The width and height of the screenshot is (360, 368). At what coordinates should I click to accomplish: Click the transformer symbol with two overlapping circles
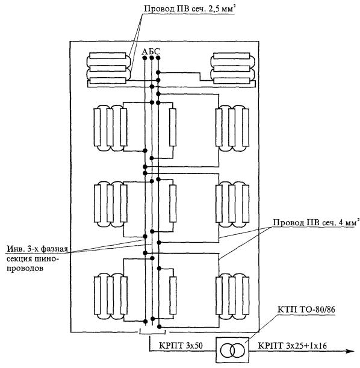tap(232, 351)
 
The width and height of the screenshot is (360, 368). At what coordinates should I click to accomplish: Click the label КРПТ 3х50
tap(181, 346)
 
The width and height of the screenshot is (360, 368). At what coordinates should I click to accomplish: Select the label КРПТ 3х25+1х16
tap(292, 346)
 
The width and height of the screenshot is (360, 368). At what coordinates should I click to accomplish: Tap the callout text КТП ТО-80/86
tap(306, 310)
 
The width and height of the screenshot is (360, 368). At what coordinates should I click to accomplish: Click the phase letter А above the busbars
tap(145, 51)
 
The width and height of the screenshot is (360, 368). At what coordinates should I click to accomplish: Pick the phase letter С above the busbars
tap(157, 51)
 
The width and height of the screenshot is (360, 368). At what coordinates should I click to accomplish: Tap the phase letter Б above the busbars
tap(151, 51)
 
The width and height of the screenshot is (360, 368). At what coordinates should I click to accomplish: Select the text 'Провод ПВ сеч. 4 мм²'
tap(316, 222)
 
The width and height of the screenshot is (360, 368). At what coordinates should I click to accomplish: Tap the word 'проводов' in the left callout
tap(25, 268)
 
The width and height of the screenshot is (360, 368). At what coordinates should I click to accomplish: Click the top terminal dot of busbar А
tap(144, 58)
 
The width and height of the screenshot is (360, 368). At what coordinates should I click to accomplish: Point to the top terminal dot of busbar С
tap(158, 58)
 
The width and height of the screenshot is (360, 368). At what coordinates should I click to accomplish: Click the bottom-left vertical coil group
tap(111, 296)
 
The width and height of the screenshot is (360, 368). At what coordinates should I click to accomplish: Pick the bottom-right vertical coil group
tap(232, 296)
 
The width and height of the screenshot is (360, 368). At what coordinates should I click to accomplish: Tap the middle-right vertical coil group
tap(232, 204)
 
